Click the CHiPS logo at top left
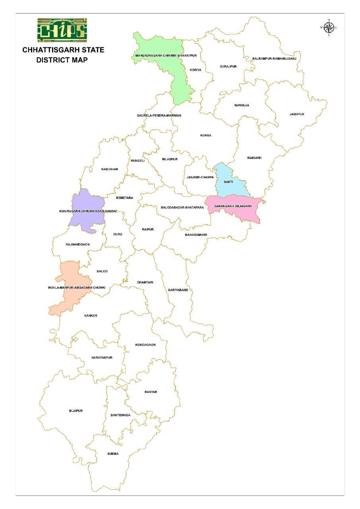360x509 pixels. point(62,30)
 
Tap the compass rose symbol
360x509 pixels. point(328,27)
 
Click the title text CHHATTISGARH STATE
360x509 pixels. point(63,50)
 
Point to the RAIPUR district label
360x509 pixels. point(147,229)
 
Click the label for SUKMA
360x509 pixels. point(113,454)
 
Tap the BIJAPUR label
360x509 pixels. point(75,410)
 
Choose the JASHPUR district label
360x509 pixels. point(297,114)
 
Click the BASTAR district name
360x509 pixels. point(151,392)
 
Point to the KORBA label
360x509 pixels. point(206,136)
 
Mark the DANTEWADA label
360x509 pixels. point(120,415)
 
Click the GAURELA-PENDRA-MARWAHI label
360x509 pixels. point(159,115)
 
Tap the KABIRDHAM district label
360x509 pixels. point(110,169)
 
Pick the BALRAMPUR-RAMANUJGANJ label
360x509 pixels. point(274,58)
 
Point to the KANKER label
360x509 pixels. point(91,316)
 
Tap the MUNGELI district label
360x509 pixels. point(137,161)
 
